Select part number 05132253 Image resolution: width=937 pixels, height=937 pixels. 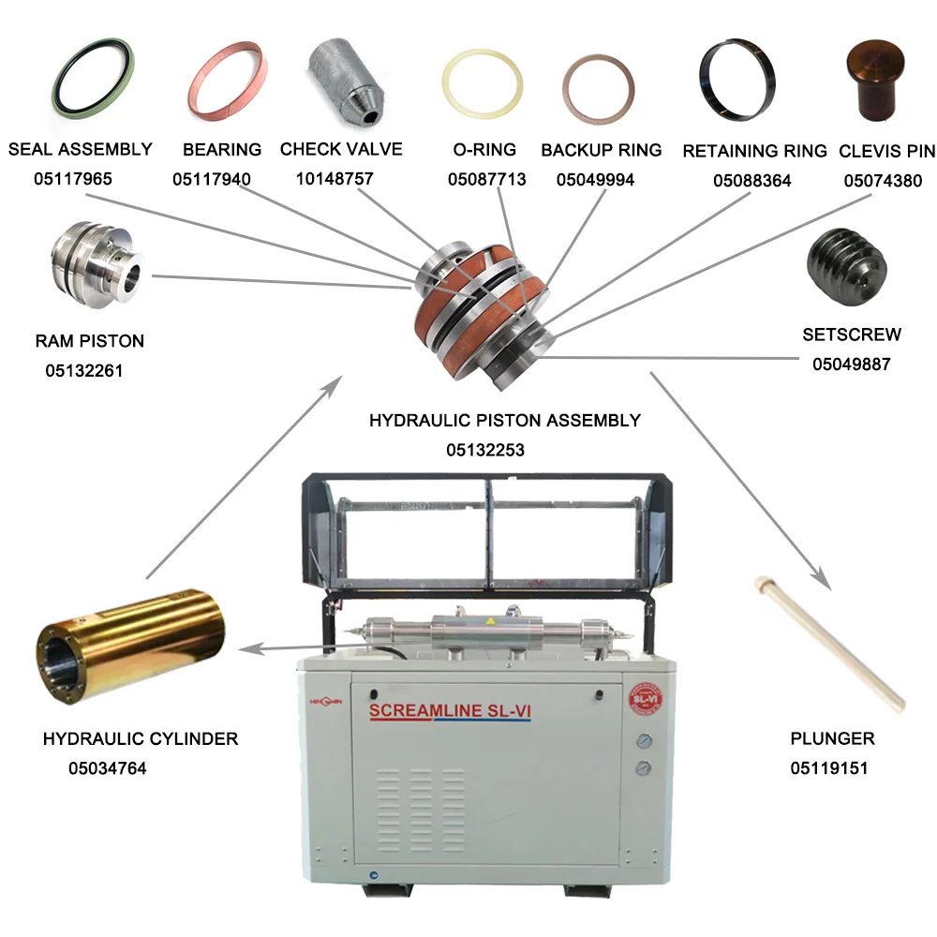tap(484, 450)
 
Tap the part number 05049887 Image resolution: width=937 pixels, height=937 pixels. tap(851, 364)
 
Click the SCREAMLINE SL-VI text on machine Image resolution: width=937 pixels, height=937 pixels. tap(451, 711)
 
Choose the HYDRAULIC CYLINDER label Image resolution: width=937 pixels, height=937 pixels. tap(141, 739)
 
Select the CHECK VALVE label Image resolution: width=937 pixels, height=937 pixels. tap(341, 149)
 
